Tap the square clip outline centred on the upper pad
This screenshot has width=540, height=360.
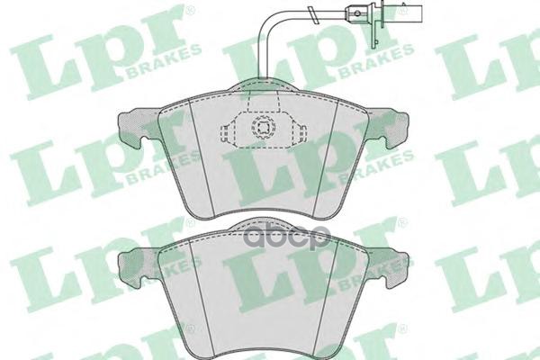click(x=264, y=127)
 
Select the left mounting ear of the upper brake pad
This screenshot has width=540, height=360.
click(x=136, y=127)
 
